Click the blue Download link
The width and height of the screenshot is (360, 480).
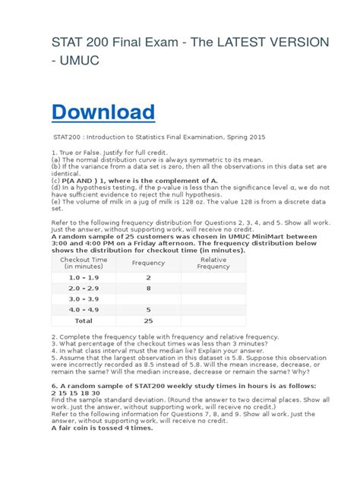pyautogui.click(x=103, y=112)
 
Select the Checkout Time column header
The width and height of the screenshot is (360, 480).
pyautogui.click(x=84, y=263)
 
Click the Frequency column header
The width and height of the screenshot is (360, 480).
pyautogui.click(x=148, y=263)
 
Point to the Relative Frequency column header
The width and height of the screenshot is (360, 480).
pyautogui.click(x=213, y=263)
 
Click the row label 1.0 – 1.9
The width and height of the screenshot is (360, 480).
pyautogui.click(x=84, y=278)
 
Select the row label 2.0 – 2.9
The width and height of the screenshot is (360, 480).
pyautogui.click(x=84, y=289)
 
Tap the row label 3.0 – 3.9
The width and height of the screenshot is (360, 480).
pyautogui.click(x=84, y=299)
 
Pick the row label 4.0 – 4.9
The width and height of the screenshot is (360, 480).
pyautogui.click(x=84, y=310)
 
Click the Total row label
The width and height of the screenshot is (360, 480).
pyautogui.click(x=84, y=321)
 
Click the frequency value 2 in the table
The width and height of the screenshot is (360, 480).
pyautogui.click(x=148, y=278)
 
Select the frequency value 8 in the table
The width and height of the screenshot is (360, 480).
pyautogui.click(x=148, y=289)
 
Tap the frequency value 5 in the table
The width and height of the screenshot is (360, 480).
pyautogui.click(x=148, y=310)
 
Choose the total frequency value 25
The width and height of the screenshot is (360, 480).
pyautogui.click(x=148, y=321)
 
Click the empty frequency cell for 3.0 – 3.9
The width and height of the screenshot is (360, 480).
pyautogui.click(x=148, y=299)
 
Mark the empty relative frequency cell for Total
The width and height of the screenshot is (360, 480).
pyautogui.click(x=213, y=321)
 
